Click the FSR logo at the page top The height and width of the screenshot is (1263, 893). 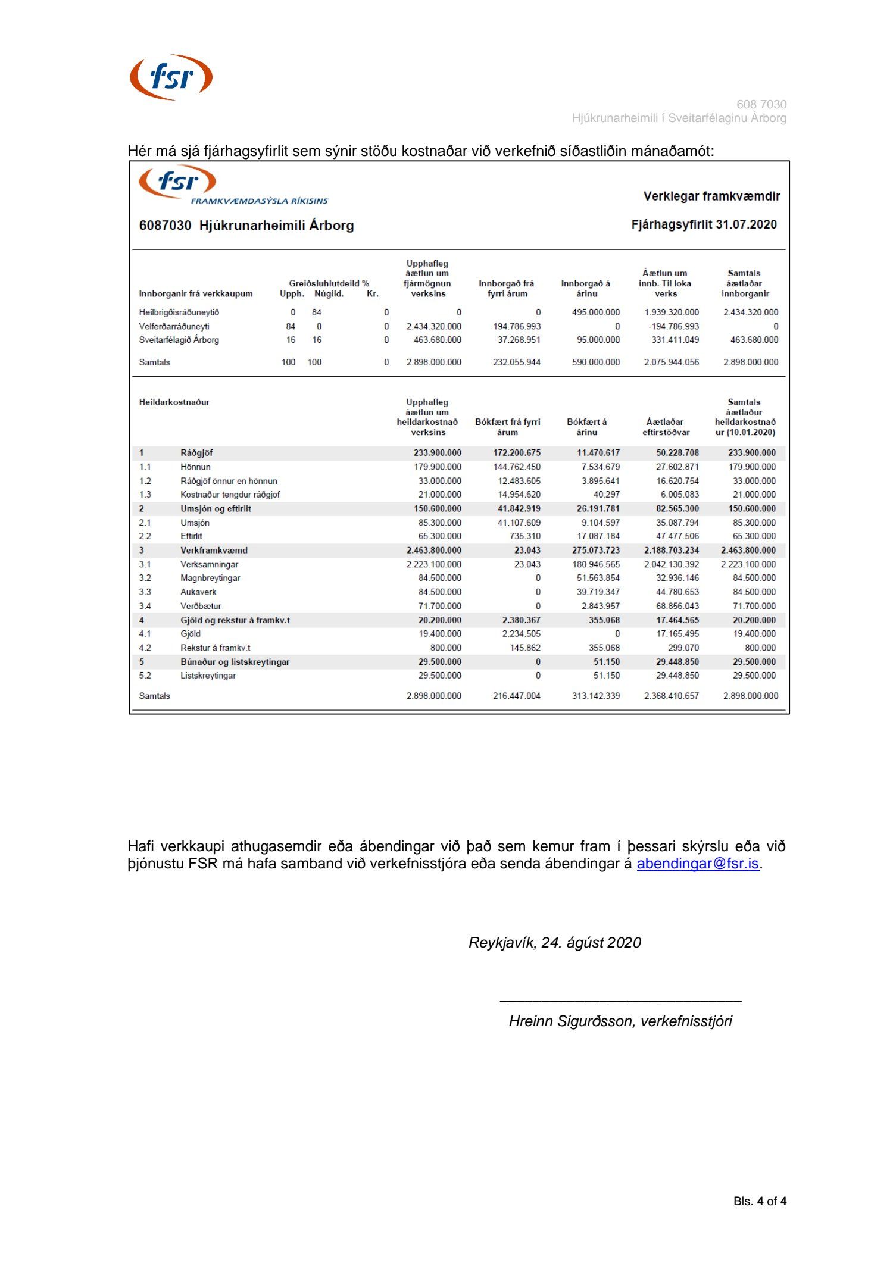point(171,77)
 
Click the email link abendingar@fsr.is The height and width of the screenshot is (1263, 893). point(697,864)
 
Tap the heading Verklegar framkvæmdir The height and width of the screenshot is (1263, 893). point(711,196)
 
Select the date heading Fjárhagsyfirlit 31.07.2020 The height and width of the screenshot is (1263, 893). point(704,225)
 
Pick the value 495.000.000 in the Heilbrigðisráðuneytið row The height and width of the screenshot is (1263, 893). point(595,312)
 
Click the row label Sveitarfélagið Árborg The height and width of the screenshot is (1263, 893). point(179,340)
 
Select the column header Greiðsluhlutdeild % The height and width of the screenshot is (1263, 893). point(329,284)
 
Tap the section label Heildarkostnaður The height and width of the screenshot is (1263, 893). point(174,402)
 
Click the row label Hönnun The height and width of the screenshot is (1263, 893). point(195,467)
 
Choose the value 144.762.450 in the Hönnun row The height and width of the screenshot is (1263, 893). point(516,467)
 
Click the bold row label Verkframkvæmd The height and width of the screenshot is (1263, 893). point(214,551)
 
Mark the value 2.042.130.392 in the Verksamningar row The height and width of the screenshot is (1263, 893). point(671,564)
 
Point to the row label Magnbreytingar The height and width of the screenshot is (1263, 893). point(210,578)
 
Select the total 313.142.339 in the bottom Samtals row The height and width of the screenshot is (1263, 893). point(595,696)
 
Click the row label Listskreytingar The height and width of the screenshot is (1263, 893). point(208,676)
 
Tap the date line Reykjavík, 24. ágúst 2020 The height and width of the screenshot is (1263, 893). point(554,943)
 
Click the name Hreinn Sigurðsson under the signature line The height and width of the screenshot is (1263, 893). point(572,1021)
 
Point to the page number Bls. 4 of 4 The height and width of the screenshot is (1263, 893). point(759,1202)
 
